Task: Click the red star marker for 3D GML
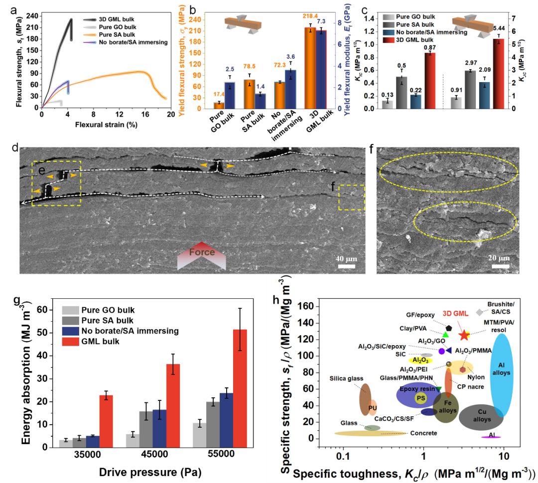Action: coord(464,335)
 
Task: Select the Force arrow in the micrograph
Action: coord(201,255)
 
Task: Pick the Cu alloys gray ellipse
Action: coord(481,417)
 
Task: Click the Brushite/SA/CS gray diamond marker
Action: coord(479,312)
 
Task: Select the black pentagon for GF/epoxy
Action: coord(448,328)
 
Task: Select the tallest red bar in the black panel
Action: coord(240,388)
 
